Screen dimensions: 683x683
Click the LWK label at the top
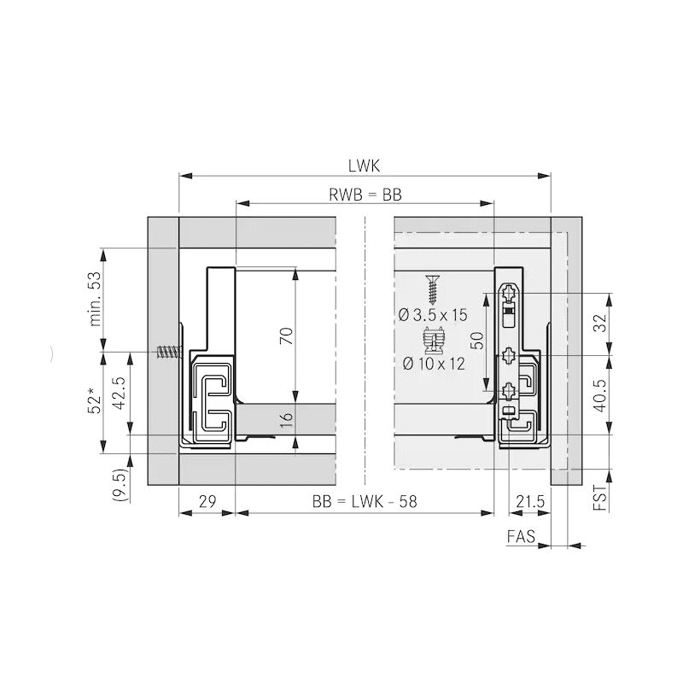tap(364, 166)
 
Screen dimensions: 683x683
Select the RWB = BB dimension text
tap(365, 195)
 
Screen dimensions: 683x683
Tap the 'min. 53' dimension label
tap(95, 299)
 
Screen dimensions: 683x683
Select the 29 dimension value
tap(207, 502)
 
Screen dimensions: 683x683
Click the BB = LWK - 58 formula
tap(365, 502)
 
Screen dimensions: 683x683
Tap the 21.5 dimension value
tap(530, 502)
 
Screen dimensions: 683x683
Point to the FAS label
tap(521, 536)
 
